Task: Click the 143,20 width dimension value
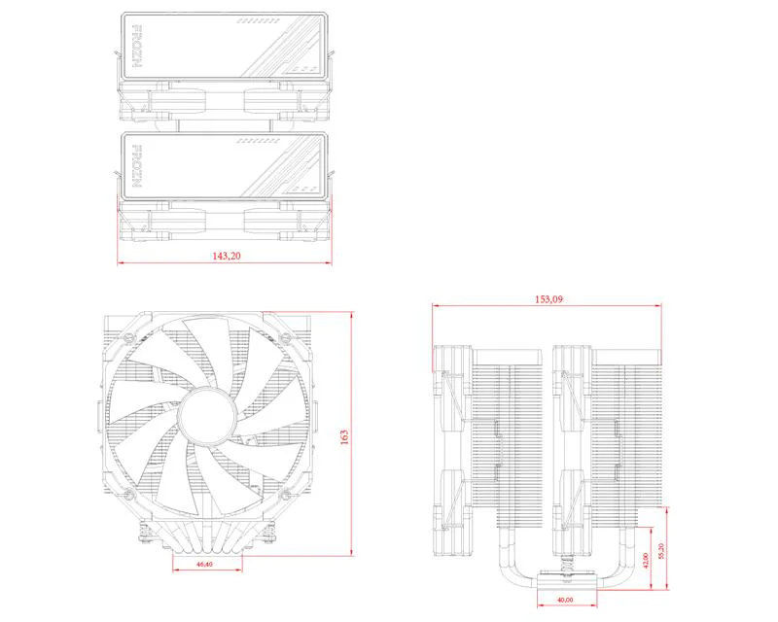pyautogui.click(x=225, y=256)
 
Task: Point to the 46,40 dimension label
pyautogui.click(x=205, y=564)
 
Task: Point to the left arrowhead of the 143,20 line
pyautogui.click(x=120, y=262)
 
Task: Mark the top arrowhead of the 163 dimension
pyautogui.click(x=350, y=314)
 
